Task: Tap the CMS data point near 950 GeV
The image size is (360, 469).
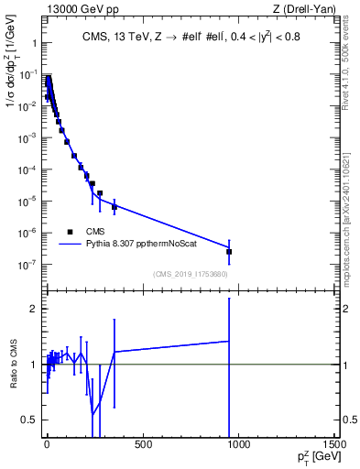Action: pos(229,251)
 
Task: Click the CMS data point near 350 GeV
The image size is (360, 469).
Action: pos(115,207)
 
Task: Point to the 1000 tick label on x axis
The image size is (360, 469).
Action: pos(238,444)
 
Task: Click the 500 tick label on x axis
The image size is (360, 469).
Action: pos(142,444)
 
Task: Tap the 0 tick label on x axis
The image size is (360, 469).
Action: pos(47,444)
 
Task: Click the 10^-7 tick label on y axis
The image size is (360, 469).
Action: pos(27,265)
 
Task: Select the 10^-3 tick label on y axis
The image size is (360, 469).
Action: pos(27,137)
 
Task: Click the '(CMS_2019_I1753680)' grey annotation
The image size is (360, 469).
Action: pos(191,273)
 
